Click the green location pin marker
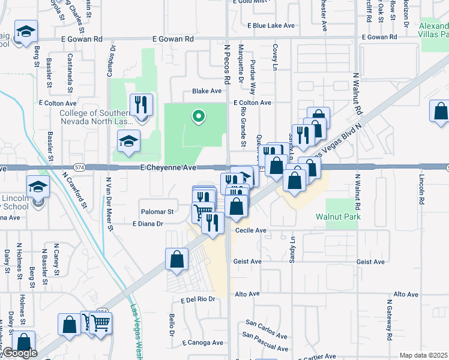click(x=197, y=116)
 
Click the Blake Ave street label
click(x=206, y=91)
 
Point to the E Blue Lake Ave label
click(x=271, y=26)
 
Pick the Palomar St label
click(x=157, y=212)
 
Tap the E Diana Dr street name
click(x=148, y=224)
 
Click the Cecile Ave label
click(x=251, y=230)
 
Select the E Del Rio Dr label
click(x=197, y=299)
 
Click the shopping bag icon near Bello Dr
click(x=177, y=259)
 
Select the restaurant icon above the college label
click(x=142, y=104)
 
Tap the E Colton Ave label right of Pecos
click(x=253, y=103)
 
